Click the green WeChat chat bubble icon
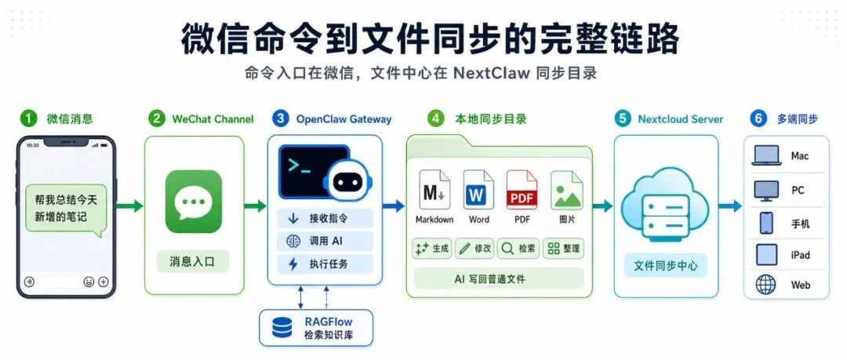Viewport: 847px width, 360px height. [194, 202]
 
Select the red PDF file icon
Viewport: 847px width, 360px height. [522, 190]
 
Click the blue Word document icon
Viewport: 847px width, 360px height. [478, 190]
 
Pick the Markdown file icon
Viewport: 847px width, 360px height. [434, 190]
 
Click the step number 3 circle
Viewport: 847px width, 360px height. [280, 119]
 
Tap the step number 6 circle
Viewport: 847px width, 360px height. [758, 119]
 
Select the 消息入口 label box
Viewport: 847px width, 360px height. [193, 262]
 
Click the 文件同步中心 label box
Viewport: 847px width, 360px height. [666, 266]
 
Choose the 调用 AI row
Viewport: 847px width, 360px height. [325, 241]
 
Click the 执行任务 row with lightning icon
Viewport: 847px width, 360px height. [325, 264]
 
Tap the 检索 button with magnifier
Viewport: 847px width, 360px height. [518, 249]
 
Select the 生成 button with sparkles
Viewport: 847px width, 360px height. [431, 249]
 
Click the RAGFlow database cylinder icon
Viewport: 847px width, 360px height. [282, 328]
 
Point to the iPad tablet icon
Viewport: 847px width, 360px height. [766, 255]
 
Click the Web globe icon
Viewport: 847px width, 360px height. [766, 285]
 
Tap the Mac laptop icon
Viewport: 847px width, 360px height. [766, 155]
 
